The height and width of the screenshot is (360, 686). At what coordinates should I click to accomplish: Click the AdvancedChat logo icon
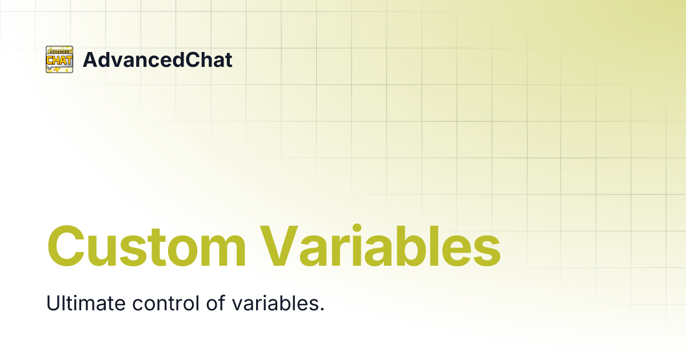click(59, 59)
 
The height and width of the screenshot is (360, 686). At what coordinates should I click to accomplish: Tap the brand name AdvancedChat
click(157, 59)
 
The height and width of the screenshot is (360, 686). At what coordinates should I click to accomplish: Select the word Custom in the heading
click(146, 247)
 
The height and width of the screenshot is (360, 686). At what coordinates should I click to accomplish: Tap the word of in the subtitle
click(216, 303)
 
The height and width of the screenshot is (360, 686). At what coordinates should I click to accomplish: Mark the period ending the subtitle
click(322, 309)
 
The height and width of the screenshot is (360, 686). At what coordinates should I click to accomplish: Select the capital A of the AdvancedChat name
click(90, 59)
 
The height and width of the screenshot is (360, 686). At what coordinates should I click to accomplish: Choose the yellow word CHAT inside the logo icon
click(59, 60)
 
